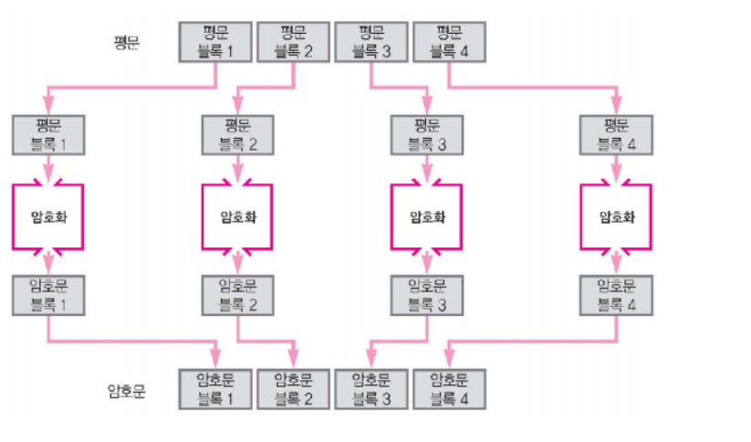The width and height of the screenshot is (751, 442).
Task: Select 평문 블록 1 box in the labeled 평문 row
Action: click(214, 42)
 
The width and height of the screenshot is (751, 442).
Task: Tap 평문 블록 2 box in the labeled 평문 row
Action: click(293, 42)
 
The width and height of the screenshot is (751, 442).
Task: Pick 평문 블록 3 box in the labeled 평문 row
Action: click(370, 42)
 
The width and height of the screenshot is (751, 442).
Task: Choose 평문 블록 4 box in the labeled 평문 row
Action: click(448, 42)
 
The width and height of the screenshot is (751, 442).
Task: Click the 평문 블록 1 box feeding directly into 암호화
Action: click(47, 134)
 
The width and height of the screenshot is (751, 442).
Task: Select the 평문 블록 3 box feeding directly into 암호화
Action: click(427, 134)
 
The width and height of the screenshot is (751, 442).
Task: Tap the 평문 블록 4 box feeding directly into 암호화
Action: click(617, 134)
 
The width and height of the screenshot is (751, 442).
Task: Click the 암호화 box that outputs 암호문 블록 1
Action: click(47, 216)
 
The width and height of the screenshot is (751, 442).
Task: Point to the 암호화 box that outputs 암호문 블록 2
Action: click(237, 216)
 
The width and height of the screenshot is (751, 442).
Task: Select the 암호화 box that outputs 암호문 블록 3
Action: click(427, 216)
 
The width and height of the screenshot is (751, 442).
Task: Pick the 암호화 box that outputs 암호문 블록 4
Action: click(617, 216)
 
